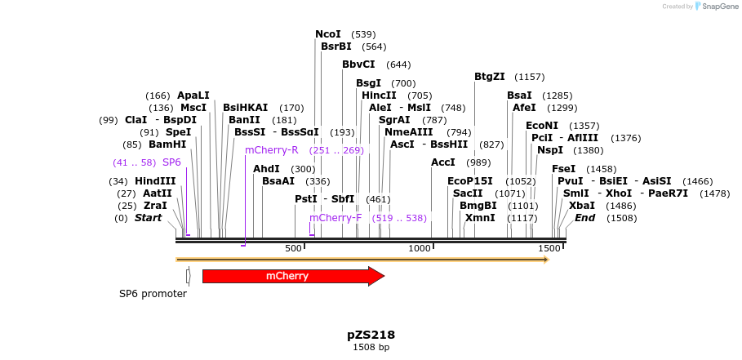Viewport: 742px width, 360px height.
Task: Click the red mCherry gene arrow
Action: (292, 276)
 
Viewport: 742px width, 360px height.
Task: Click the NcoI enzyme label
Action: (328, 34)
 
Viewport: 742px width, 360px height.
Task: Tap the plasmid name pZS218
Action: (371, 335)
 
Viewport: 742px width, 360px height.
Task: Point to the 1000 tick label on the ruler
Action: (420, 247)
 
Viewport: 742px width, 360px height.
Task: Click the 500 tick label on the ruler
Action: (293, 247)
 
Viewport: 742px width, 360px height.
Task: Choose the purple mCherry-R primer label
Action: (271, 150)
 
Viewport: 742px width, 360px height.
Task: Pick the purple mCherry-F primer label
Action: (335, 218)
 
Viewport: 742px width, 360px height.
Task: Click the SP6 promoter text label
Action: (153, 294)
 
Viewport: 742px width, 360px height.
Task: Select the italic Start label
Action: (149, 218)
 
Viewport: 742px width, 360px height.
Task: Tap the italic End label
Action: (584, 218)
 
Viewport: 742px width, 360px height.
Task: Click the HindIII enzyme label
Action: (155, 181)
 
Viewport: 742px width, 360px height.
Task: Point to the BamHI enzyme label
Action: (167, 144)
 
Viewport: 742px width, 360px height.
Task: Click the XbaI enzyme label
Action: (582, 206)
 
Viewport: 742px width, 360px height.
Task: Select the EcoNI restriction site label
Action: (542, 126)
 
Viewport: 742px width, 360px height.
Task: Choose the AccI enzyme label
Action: (443, 162)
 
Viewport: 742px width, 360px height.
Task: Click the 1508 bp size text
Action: (371, 347)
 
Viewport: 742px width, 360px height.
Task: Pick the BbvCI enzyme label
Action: (358, 64)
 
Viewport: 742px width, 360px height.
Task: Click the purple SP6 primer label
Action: (171, 162)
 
